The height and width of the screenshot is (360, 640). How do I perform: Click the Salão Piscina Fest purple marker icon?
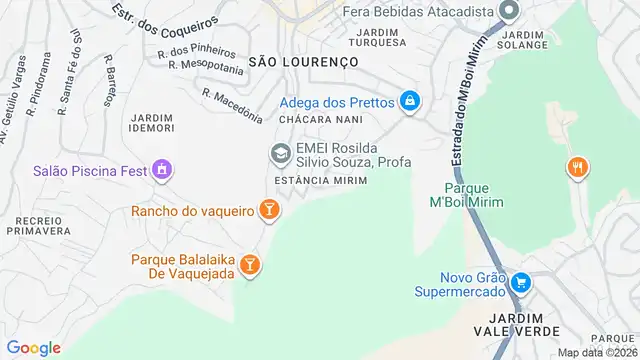click(x=162, y=171)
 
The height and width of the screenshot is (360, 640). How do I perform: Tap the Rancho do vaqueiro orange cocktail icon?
click(x=268, y=209)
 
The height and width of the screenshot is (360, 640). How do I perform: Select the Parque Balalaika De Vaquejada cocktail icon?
click(x=250, y=264)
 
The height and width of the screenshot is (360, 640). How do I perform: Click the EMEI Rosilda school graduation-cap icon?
click(x=279, y=153)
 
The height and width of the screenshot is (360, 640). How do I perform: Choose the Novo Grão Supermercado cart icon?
click(x=519, y=283)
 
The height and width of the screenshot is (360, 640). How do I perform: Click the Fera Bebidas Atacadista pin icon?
click(x=509, y=12)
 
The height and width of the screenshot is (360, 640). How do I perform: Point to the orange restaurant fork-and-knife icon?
click(x=577, y=167)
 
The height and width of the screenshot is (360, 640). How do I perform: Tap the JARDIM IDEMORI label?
click(x=152, y=123)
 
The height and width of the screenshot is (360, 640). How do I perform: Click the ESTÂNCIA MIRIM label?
click(x=315, y=180)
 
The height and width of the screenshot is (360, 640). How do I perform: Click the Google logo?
click(x=35, y=347)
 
